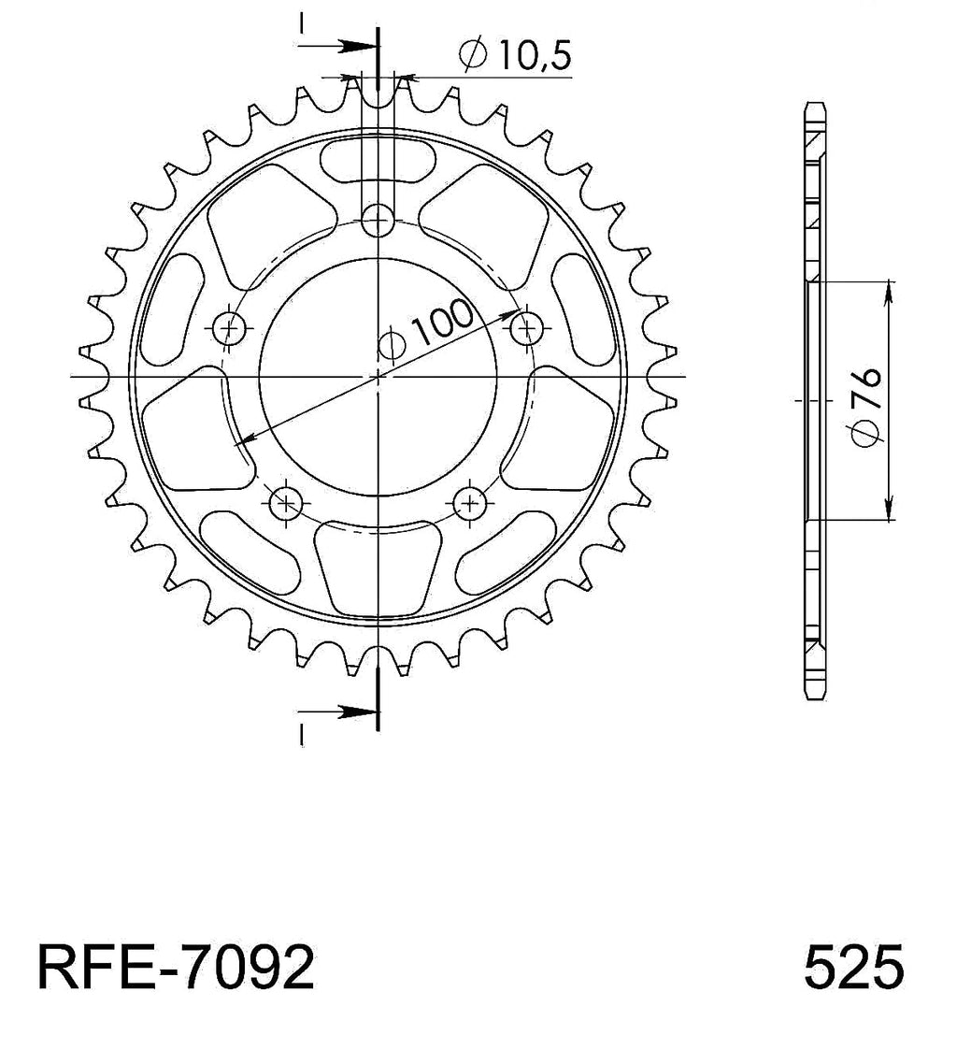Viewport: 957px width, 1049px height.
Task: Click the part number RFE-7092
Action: tap(175, 968)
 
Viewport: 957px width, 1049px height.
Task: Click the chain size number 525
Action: tap(853, 968)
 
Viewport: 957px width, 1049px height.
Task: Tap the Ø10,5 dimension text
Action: tap(515, 55)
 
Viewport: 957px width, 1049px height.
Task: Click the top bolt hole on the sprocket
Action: tap(378, 220)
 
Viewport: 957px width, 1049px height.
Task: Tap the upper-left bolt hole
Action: tap(230, 328)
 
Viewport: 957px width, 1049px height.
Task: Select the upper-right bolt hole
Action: tap(526, 328)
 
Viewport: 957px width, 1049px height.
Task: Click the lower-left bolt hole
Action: tap(286, 502)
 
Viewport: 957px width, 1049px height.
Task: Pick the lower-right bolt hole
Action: tap(470, 502)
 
